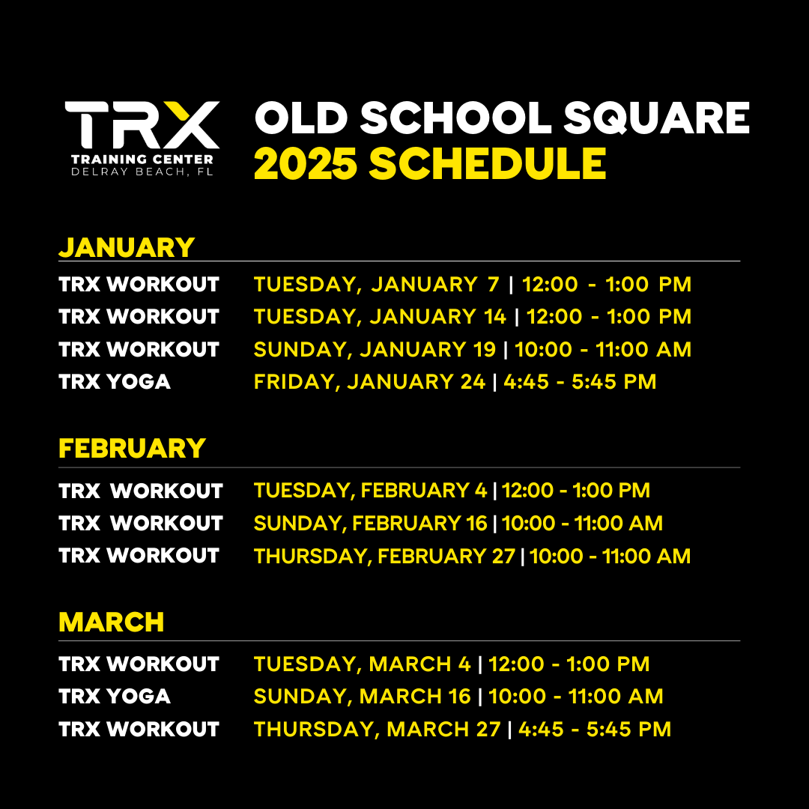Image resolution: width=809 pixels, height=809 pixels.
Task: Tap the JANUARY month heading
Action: [x=127, y=248]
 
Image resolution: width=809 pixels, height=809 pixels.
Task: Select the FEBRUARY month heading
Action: [x=132, y=448]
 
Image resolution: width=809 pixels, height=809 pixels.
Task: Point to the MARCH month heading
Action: [x=112, y=622]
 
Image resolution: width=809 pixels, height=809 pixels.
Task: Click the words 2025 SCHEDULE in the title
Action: [x=430, y=163]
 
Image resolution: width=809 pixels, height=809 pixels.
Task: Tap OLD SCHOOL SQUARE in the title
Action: [x=502, y=118]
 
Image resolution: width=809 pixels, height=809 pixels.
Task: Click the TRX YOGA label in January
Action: [x=115, y=382]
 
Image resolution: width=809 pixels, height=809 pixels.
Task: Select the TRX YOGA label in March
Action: [x=115, y=697]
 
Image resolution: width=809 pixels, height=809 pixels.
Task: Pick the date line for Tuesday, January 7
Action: [x=473, y=285]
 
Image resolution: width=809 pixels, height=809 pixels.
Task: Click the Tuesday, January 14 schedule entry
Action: [x=473, y=317]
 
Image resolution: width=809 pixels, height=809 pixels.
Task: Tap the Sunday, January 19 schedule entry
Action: [x=473, y=349]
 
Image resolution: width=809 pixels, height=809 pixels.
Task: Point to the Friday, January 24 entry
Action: [x=455, y=382]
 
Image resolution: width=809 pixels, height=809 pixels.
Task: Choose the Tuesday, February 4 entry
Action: [x=452, y=491]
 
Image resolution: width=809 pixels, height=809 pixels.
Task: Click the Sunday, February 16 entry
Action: [x=458, y=523]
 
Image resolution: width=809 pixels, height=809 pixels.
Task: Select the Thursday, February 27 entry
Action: [x=472, y=556]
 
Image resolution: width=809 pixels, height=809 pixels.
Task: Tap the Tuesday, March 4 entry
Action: [x=452, y=664]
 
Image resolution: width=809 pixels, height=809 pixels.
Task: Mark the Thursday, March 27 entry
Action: [x=463, y=730]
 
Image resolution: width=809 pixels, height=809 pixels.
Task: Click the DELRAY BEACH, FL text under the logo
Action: [x=142, y=172]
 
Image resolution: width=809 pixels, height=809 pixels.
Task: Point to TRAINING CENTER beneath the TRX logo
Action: [x=142, y=160]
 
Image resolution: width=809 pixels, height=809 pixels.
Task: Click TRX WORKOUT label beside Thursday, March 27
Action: [x=139, y=729]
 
